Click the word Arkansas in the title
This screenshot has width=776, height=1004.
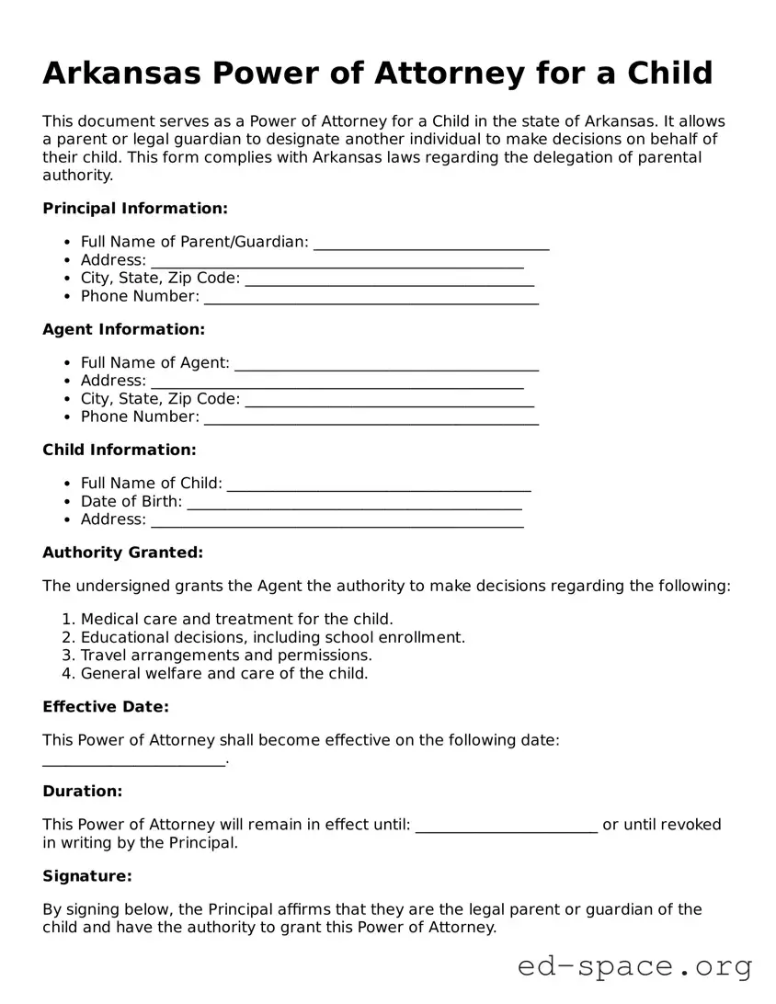116,73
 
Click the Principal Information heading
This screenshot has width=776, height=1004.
134,209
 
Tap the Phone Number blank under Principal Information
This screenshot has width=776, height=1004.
371,299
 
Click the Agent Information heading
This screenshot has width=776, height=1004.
123,329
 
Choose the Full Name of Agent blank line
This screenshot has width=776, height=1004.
386,365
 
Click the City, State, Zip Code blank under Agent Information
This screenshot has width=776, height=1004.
390,401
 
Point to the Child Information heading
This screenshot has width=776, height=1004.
119,450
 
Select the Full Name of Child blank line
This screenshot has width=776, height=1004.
378,485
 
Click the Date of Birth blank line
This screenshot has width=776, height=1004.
353,504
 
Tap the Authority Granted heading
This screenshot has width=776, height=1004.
122,553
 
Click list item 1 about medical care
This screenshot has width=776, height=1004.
236,619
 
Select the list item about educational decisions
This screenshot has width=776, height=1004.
272,637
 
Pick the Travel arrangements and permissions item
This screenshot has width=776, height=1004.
226,656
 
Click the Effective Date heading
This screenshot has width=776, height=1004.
106,707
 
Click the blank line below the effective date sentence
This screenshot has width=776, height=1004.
133,761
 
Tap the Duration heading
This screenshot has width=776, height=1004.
82,792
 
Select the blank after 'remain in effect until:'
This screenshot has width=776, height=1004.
506,827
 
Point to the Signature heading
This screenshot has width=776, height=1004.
86,876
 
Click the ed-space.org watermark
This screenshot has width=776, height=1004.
634,966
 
